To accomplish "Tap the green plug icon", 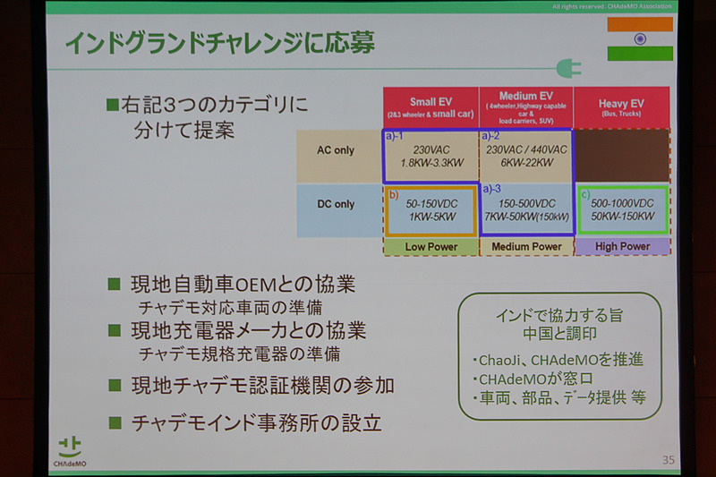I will tap(566, 68).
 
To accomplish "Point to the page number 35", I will tap(668, 460).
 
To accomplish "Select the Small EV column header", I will tap(430, 108).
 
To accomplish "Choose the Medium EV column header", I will tap(524, 108).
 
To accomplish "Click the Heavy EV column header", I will tap(622, 108).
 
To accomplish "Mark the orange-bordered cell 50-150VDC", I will tap(430, 211).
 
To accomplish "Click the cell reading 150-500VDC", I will tap(525, 211).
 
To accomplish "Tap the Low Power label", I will tap(430, 247).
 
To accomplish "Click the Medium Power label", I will tap(525, 247).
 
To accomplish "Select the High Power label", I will tap(622, 247).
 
